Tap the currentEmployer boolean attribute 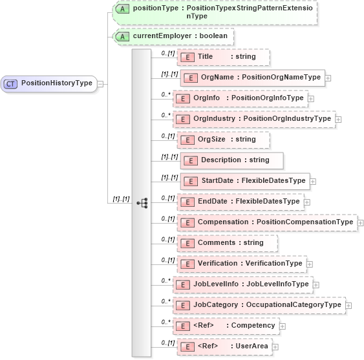pyautogui.click(x=173, y=37)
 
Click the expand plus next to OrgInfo pyautogui.click(x=311, y=98)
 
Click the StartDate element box pyautogui.click(x=245, y=181)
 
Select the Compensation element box pyautogui.click(x=266, y=222)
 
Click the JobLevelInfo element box pyautogui.click(x=244, y=284)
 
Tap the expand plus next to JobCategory pyautogui.click(x=349, y=305)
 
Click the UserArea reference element pyautogui.click(x=224, y=346)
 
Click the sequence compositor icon pyautogui.click(x=143, y=203)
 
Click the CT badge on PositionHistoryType pyautogui.click(x=11, y=83)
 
